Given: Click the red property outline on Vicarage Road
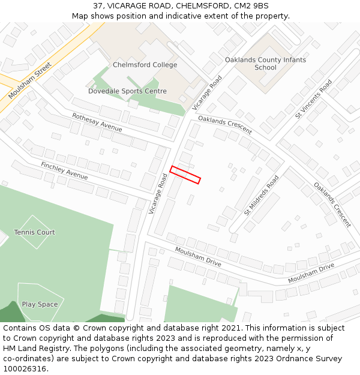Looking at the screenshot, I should [185, 175].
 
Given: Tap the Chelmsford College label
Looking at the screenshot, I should [145, 65].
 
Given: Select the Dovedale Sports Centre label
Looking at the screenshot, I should [127, 91].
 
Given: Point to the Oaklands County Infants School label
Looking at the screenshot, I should [265, 64].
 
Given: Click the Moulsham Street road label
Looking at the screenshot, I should [31, 80].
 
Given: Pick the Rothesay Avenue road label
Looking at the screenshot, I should [97, 122].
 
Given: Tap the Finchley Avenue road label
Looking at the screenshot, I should [64, 170].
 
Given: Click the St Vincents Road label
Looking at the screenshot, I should [313, 98].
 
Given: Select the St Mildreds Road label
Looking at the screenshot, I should [262, 195].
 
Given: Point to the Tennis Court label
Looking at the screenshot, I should [34, 232].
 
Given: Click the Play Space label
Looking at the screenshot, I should [40, 304].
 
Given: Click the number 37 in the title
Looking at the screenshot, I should [98, 5].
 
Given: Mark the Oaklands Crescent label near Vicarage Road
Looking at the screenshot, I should [225, 125].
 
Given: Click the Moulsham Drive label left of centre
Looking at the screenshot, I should [198, 256].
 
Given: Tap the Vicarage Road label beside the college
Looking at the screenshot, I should [207, 92].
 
